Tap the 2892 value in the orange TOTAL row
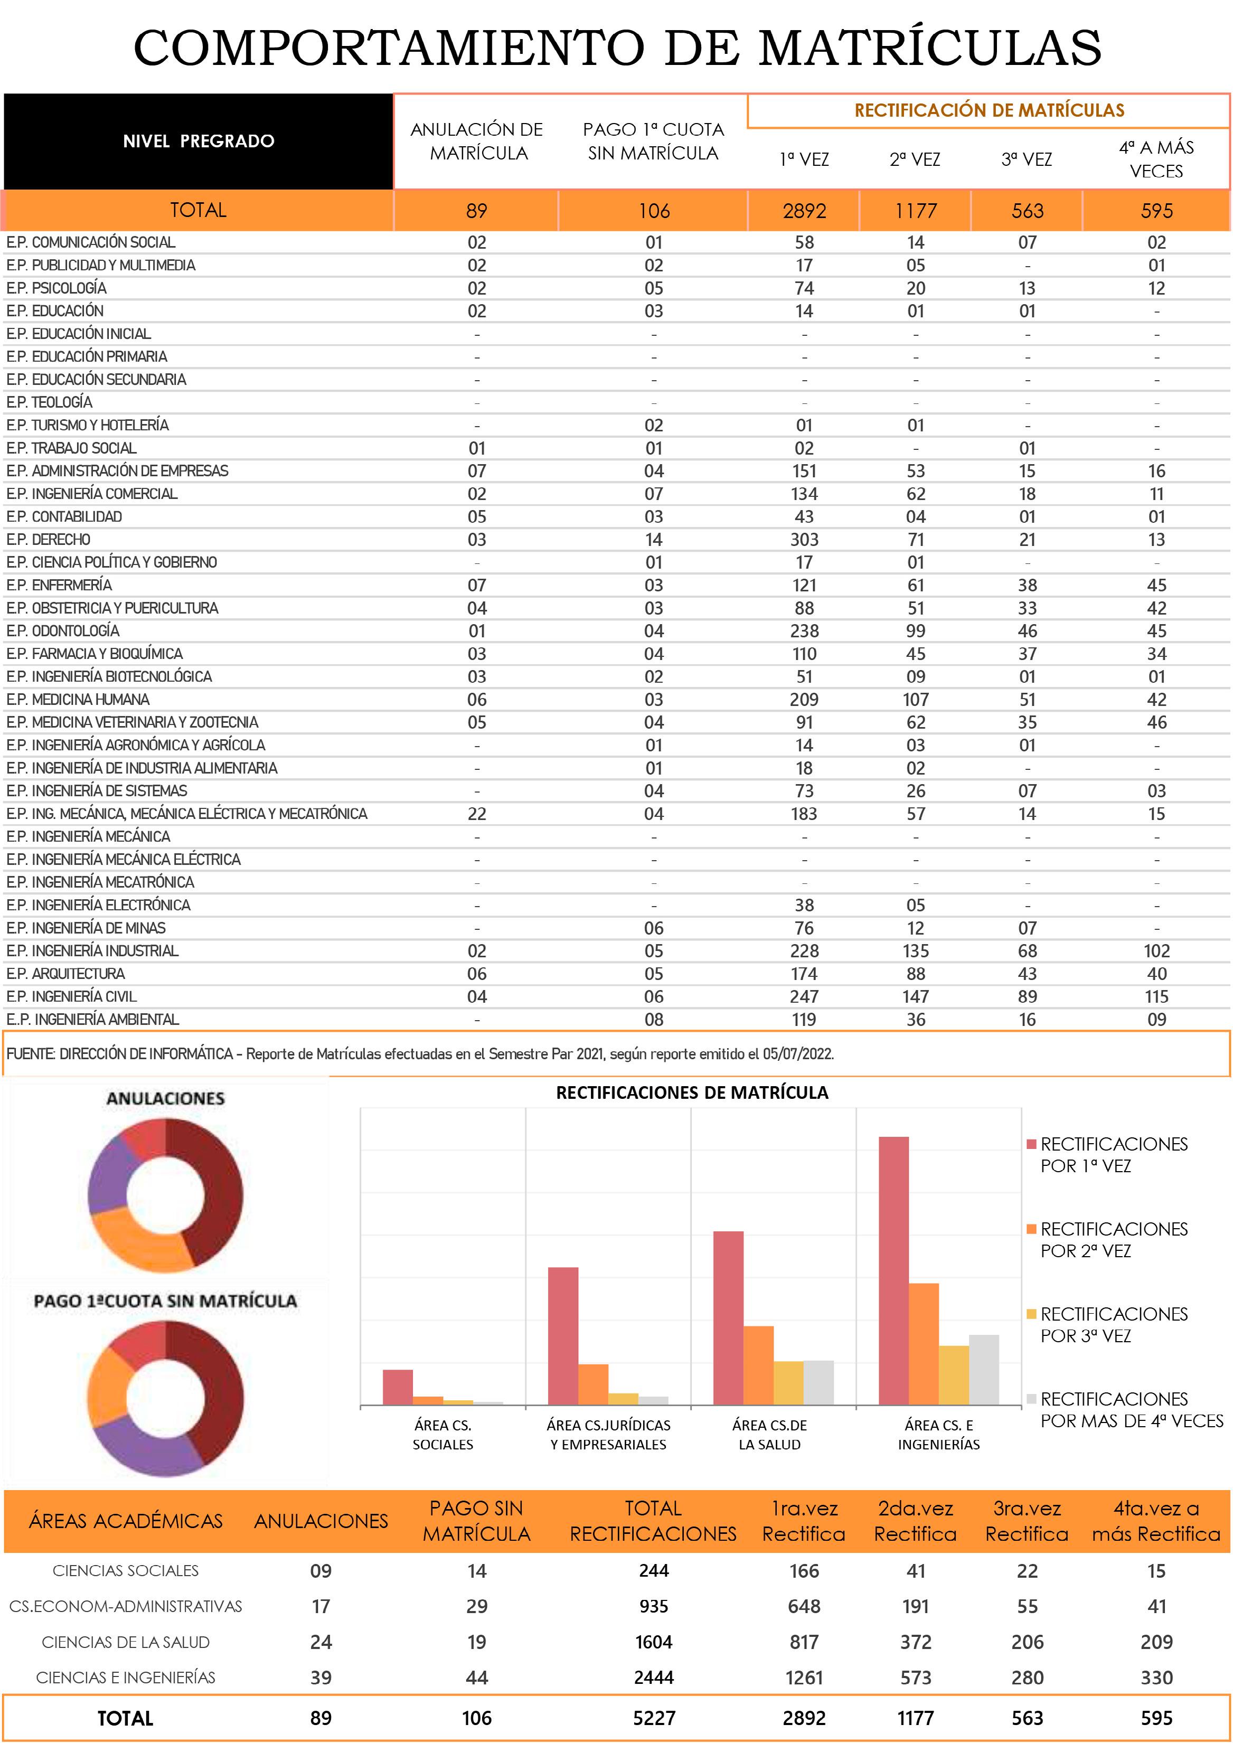pyautogui.click(x=804, y=211)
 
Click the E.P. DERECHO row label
pyautogui.click(x=49, y=540)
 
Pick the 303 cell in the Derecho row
pyautogui.click(x=804, y=540)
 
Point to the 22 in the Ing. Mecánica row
pyautogui.click(x=477, y=814)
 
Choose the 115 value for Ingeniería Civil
pyautogui.click(x=1156, y=997)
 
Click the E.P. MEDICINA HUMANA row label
pyautogui.click(x=78, y=699)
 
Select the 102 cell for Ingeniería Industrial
pyautogui.click(x=1156, y=951)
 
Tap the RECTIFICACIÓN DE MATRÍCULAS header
pyautogui.click(x=989, y=110)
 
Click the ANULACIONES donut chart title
pyautogui.click(x=165, y=1098)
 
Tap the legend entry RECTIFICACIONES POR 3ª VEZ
pyautogui.click(x=1113, y=1325)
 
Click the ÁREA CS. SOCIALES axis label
pyautogui.click(x=443, y=1435)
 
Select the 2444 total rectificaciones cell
pyautogui.click(x=654, y=1677)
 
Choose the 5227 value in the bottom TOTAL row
pyautogui.click(x=654, y=1718)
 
